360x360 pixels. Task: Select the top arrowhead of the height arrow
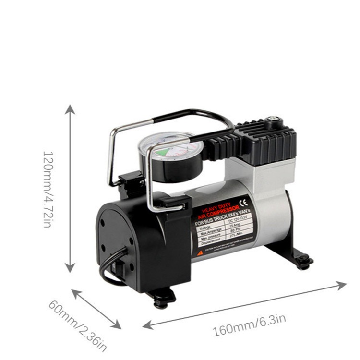tap(71, 109)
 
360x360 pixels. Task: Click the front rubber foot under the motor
tap(161, 300)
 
